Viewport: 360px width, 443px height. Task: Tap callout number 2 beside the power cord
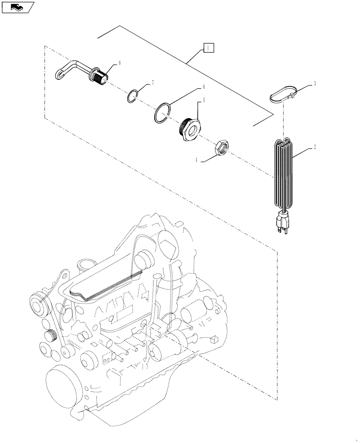pos(314,147)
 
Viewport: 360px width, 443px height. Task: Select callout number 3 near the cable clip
pos(314,84)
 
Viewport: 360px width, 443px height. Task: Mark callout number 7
pos(153,82)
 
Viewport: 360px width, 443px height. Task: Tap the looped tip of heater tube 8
pos(61,73)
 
